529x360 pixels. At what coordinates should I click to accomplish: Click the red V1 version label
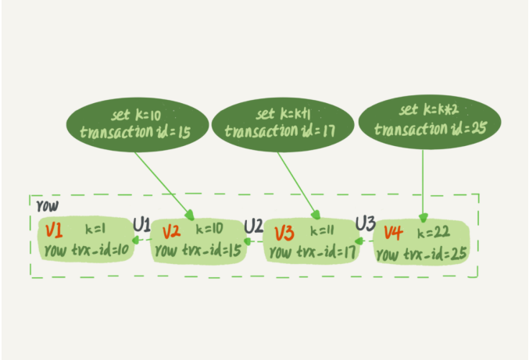tap(54, 231)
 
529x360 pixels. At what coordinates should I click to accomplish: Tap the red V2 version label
tap(171, 232)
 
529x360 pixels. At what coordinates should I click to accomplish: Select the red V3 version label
tap(284, 233)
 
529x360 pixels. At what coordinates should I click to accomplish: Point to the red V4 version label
tap(393, 233)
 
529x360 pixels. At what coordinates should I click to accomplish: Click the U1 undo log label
tap(141, 224)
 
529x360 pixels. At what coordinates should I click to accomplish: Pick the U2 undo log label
tap(253, 226)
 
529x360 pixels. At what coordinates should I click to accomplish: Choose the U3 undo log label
tap(366, 223)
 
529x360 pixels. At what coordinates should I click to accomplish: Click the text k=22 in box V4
tap(434, 232)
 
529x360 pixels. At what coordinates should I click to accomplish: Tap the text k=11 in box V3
tap(322, 230)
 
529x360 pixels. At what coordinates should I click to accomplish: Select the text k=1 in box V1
tap(95, 230)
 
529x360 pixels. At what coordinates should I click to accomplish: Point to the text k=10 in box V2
tap(209, 230)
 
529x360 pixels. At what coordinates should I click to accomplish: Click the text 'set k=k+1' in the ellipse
tap(283, 114)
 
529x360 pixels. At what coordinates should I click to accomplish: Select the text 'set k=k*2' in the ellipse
tap(429, 109)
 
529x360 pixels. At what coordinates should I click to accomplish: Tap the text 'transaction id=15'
tap(135, 132)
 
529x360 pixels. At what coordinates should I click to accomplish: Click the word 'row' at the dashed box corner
tap(48, 206)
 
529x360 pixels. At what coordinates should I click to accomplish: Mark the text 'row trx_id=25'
tap(422, 255)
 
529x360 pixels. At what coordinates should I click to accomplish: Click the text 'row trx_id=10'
tap(87, 251)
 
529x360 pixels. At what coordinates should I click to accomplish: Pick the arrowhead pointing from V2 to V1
tap(136, 240)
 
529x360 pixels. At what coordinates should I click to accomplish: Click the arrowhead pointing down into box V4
tap(423, 217)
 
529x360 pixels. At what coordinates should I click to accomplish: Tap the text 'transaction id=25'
tap(431, 129)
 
